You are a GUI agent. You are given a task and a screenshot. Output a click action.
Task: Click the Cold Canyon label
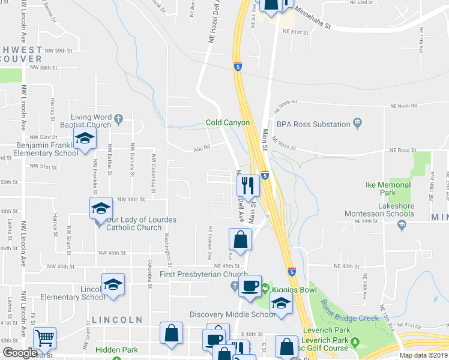227,122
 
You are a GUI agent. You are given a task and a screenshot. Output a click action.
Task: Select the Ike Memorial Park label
388,189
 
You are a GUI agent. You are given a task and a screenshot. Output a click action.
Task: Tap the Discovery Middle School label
233,314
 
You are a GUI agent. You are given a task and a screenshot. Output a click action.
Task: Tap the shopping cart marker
44,338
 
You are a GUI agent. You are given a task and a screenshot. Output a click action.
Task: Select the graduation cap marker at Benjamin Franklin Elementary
85,139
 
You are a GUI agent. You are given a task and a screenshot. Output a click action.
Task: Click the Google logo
20,353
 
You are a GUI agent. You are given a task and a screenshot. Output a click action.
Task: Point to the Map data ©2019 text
424,355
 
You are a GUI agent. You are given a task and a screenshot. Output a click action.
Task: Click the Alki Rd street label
201,148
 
